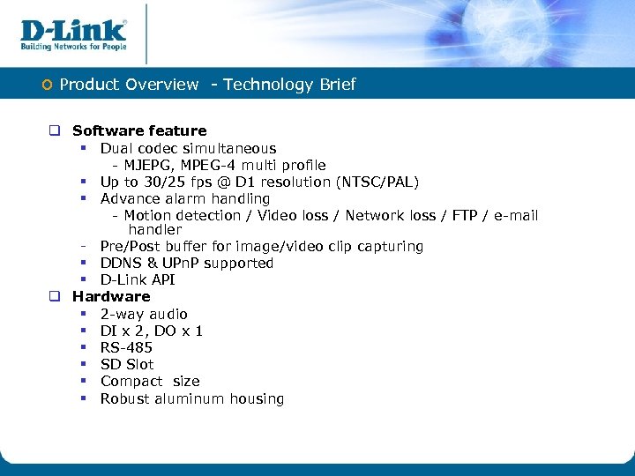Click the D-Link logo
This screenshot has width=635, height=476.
click(74, 30)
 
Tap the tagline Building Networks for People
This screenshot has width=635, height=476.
click(74, 47)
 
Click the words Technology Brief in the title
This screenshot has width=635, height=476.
click(289, 85)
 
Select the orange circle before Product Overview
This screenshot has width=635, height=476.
click(48, 85)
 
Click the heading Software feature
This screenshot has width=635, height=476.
click(139, 131)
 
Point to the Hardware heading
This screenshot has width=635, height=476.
click(111, 297)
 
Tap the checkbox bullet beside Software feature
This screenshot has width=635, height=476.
click(54, 131)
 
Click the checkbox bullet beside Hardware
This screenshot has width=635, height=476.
click(54, 297)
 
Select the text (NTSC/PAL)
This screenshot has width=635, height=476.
click(377, 182)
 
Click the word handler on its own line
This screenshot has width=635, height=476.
click(154, 230)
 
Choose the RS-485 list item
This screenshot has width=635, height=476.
click(126, 348)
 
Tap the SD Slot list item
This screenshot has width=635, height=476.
click(127, 365)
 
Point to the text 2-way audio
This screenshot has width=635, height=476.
click(144, 315)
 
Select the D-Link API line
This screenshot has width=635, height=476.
click(138, 280)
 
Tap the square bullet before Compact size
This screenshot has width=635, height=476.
click(80, 382)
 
